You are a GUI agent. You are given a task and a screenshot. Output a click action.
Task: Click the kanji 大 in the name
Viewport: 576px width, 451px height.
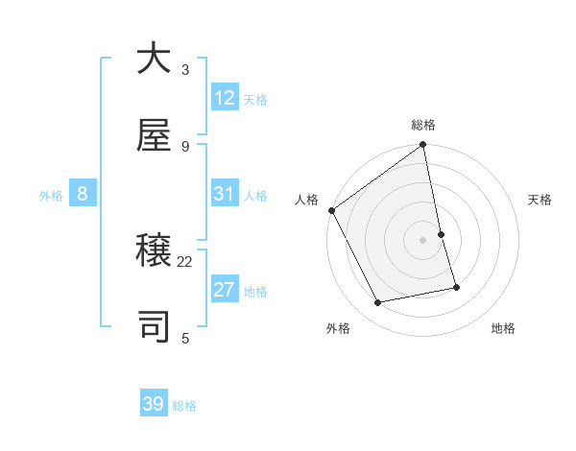(x=154, y=59)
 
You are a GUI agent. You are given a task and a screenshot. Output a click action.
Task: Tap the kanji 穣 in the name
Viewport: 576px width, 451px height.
(x=154, y=250)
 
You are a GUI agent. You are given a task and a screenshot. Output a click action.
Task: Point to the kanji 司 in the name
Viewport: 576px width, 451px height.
(x=154, y=327)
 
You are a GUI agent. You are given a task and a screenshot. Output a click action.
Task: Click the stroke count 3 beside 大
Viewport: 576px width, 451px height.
(x=185, y=69)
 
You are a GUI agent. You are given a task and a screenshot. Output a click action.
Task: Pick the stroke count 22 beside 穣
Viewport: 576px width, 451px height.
(x=185, y=261)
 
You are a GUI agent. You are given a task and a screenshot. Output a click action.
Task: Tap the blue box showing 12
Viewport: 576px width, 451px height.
(x=225, y=98)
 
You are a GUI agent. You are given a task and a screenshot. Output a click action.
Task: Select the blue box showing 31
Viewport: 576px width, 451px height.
(x=225, y=194)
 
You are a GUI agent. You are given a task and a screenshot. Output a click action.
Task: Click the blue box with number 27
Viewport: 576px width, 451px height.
(x=225, y=290)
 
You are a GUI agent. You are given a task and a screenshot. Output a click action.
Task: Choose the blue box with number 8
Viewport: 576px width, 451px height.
(x=83, y=194)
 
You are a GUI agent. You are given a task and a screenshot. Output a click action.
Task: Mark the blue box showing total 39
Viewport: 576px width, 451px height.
(x=154, y=404)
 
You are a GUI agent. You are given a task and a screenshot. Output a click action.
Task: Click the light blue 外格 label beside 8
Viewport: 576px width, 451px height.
(x=51, y=196)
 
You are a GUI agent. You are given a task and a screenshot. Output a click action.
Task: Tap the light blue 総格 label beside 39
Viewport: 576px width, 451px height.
(x=184, y=406)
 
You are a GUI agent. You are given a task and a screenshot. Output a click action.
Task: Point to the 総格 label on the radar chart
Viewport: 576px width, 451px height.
(x=423, y=125)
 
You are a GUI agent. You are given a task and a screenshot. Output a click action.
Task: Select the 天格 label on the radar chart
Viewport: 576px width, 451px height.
(x=540, y=200)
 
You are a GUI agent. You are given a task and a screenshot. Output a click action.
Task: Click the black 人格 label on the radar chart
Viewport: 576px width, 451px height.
(x=307, y=200)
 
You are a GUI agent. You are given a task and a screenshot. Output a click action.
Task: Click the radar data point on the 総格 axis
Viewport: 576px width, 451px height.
(x=423, y=146)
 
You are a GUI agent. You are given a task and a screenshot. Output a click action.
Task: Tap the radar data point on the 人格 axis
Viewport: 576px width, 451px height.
(x=331, y=210)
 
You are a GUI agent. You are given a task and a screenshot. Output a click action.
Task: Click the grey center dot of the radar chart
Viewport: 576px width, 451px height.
(x=423, y=240)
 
